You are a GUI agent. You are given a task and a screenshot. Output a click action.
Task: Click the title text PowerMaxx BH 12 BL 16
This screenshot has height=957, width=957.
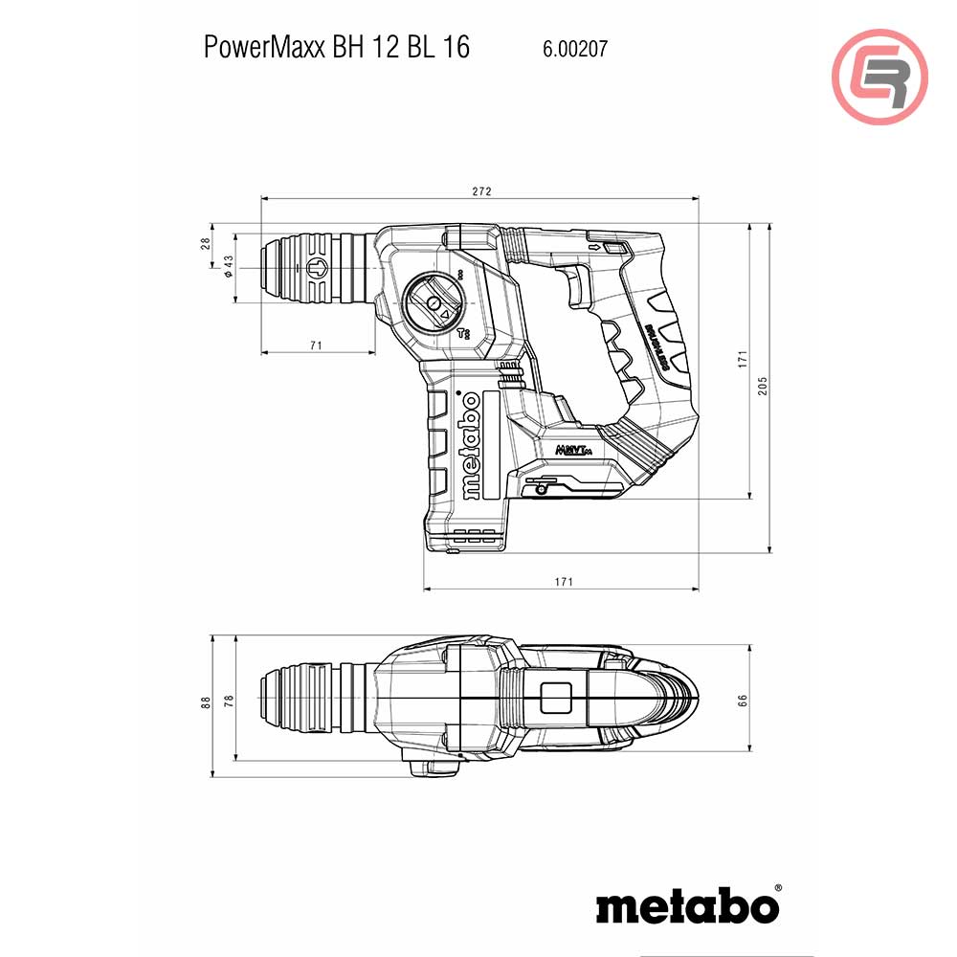[x=337, y=48]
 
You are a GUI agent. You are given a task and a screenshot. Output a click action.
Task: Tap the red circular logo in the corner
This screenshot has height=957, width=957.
[x=879, y=78]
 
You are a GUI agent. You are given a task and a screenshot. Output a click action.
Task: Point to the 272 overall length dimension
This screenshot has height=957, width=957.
[x=481, y=191]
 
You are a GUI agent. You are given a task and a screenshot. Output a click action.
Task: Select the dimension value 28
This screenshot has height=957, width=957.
[x=205, y=243]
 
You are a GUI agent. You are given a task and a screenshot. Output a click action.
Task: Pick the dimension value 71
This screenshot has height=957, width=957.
[x=317, y=345]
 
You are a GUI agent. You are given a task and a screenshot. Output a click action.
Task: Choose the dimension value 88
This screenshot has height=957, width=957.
[x=205, y=701]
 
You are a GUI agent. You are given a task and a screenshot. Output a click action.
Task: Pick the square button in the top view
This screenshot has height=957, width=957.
[x=556, y=698]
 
